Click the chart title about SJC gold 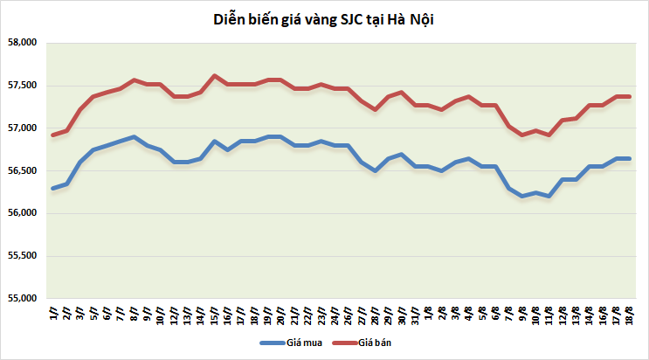[323, 19]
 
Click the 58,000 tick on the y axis [22, 43]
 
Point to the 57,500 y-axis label [22, 86]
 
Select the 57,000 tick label [22, 128]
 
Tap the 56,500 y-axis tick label [22, 171]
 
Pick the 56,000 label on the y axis [22, 213]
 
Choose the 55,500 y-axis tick [22, 256]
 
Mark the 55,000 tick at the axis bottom [22, 299]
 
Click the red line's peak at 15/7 [215, 75]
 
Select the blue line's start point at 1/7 [53, 188]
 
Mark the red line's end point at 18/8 [629, 96]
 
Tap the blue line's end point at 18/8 [629, 158]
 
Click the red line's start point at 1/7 [53, 135]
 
